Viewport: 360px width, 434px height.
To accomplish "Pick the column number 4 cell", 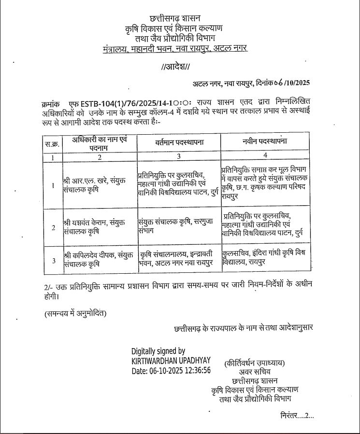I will [x=265, y=156].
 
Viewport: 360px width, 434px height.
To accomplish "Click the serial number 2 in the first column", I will [x=53, y=227].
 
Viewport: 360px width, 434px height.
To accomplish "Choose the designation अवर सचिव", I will [x=255, y=372].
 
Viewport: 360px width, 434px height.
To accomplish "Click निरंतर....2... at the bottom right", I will [x=297, y=415].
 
